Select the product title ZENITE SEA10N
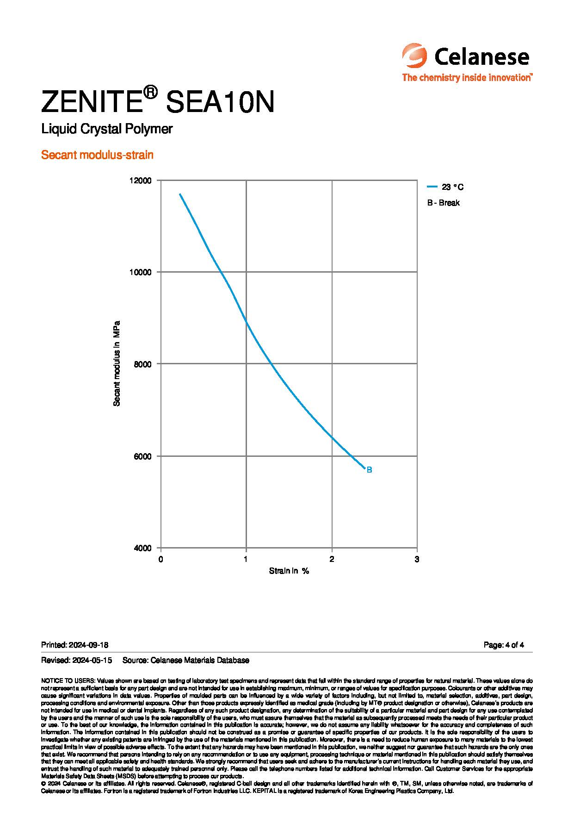click(158, 102)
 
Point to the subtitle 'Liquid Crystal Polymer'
click(107, 129)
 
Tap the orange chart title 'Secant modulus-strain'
click(97, 155)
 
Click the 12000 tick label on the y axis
click(142, 181)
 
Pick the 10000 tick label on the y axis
click(142, 272)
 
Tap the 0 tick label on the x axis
click(161, 559)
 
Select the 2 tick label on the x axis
click(332, 559)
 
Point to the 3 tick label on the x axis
click(417, 559)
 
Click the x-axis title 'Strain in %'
click(289, 571)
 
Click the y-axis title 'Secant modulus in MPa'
click(117, 363)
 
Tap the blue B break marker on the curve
click(369, 470)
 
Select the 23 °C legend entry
click(445, 187)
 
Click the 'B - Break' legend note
click(444, 203)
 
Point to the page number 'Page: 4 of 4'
click(503, 645)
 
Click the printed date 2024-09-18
click(88, 645)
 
